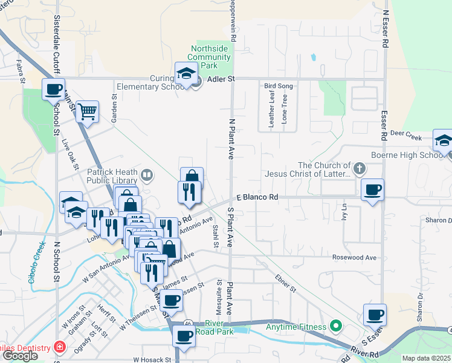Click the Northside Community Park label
pyautogui.click(x=209, y=57)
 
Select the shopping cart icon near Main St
pyautogui.click(x=88, y=111)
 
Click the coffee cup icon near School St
pyautogui.click(x=53, y=90)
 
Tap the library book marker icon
pyautogui.click(x=146, y=176)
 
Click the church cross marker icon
pyautogui.click(x=359, y=168)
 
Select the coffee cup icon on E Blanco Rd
pyautogui.click(x=372, y=190)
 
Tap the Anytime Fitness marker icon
pyautogui.click(x=335, y=327)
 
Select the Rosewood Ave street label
pyautogui.click(x=354, y=258)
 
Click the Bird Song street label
pyautogui.click(x=279, y=86)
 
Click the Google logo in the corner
pyautogui.click(x=20, y=356)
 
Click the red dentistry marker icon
pyautogui.click(x=59, y=347)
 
